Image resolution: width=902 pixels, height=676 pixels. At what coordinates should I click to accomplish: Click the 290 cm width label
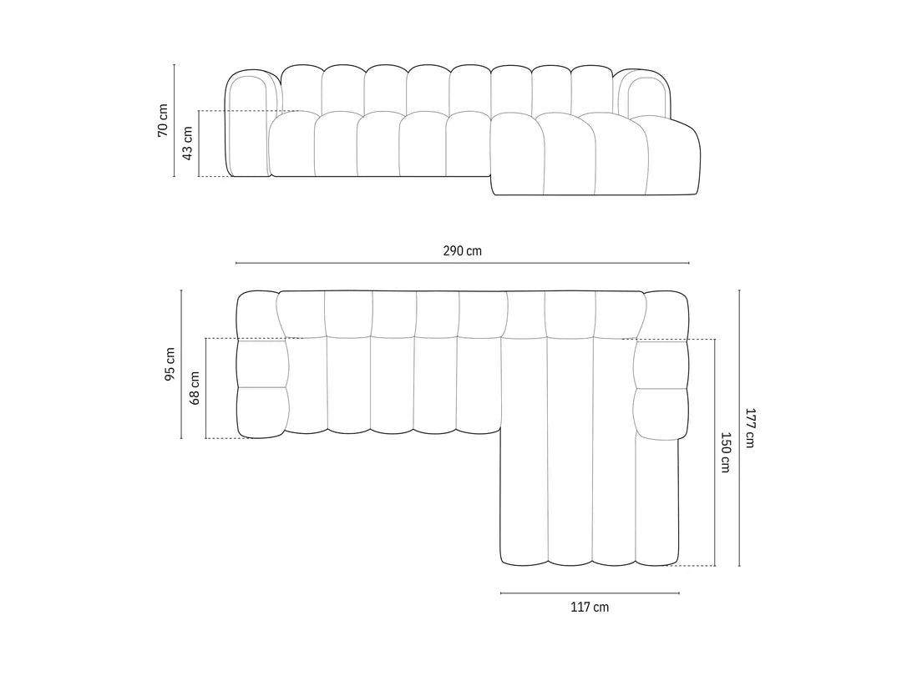coord(463,250)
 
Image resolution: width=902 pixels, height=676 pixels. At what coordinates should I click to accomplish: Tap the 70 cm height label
coord(163,120)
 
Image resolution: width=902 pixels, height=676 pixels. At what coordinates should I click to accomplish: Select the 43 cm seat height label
coord(187,144)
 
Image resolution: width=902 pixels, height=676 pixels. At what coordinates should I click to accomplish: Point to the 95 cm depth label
coord(170,365)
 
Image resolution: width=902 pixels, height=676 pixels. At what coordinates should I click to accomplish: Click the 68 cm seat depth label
coord(195,389)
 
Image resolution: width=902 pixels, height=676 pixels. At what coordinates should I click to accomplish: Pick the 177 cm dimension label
coord(749,427)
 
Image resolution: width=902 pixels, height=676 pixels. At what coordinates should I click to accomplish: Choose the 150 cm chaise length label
coord(725,452)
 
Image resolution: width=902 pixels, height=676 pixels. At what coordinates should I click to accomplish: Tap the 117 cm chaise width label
coord(590,607)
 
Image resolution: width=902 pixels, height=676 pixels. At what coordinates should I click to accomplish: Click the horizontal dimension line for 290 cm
coord(463,263)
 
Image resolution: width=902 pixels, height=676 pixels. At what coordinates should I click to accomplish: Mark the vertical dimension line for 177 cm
coord(739,428)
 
